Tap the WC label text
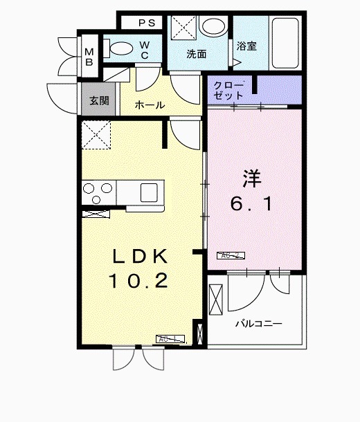(x=146, y=49)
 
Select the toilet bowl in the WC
(x=122, y=48)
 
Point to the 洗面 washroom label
(x=196, y=54)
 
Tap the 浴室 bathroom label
(x=246, y=46)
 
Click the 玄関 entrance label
(x=98, y=100)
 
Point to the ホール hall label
(x=150, y=105)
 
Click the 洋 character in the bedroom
(x=251, y=178)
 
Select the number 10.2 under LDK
(x=138, y=281)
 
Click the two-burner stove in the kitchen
(x=98, y=190)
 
